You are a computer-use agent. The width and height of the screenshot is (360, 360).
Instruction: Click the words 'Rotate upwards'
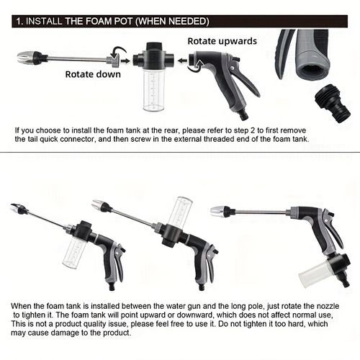(222, 41)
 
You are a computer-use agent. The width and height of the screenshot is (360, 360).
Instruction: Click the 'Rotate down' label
(94, 73)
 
